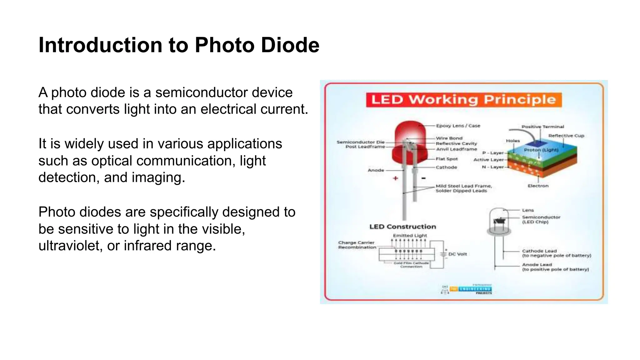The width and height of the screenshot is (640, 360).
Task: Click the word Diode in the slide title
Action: tap(290, 45)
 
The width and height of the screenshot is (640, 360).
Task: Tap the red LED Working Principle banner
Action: tap(464, 100)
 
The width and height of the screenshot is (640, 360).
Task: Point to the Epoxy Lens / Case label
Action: tap(458, 126)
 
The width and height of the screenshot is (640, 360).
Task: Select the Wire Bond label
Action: tap(449, 138)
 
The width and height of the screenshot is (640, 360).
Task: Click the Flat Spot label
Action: tap(447, 159)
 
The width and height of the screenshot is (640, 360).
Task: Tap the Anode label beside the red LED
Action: tap(376, 170)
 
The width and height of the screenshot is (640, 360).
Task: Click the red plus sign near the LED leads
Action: tap(396, 178)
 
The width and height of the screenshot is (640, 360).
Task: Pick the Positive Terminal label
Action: tap(542, 127)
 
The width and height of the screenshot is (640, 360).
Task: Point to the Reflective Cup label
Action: tap(566, 136)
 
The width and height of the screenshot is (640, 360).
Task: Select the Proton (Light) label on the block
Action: tap(541, 150)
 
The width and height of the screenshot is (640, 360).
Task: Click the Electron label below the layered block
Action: tap(538, 186)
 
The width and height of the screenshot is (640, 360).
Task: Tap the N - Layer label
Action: tap(493, 167)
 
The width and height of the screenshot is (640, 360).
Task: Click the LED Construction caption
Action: tap(402, 227)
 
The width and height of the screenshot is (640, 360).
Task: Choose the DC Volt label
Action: tap(457, 254)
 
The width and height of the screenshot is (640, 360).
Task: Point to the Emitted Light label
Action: tap(410, 235)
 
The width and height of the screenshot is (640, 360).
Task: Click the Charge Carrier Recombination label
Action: tap(357, 245)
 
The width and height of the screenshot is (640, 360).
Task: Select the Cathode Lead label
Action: tap(539, 251)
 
